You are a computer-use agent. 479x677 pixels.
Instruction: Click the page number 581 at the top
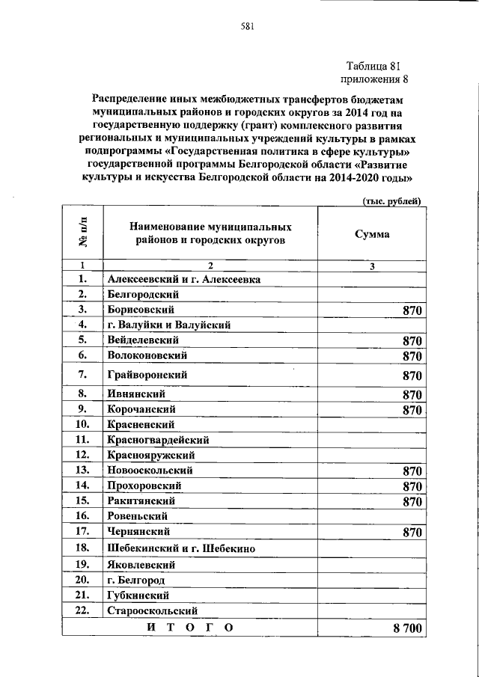coord(248,28)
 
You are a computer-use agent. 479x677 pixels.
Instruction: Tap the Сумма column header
coord(372,234)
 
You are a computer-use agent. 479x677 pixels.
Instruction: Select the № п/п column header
coord(82,233)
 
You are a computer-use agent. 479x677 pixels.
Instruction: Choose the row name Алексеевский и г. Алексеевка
coord(183,279)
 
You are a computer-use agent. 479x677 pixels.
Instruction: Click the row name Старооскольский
coord(154,610)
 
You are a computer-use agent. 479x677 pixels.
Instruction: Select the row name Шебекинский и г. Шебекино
coord(182,548)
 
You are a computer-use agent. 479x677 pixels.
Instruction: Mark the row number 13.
coord(82,470)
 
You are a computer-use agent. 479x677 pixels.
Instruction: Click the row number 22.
coord(82,610)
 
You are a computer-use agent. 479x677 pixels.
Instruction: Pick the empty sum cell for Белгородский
coord(372,294)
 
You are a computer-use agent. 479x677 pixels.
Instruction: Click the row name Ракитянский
coord(141,500)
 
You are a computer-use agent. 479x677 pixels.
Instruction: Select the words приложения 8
coord(375,79)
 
